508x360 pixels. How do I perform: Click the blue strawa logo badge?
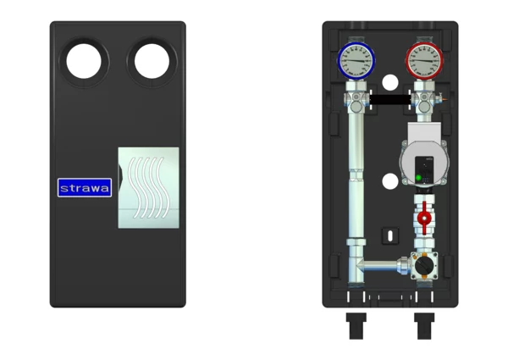[x=85, y=187]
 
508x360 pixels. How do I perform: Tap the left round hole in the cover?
[x=84, y=61]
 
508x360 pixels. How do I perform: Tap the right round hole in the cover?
[x=152, y=61]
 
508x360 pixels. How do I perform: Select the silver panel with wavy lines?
[x=149, y=188]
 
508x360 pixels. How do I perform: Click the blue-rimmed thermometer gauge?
[x=356, y=61]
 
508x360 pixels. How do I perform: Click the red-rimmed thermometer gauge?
[x=424, y=61]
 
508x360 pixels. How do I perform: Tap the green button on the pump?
[x=418, y=178]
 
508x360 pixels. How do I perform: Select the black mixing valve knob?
[x=423, y=266]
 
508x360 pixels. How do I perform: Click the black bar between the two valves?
[x=390, y=99]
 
